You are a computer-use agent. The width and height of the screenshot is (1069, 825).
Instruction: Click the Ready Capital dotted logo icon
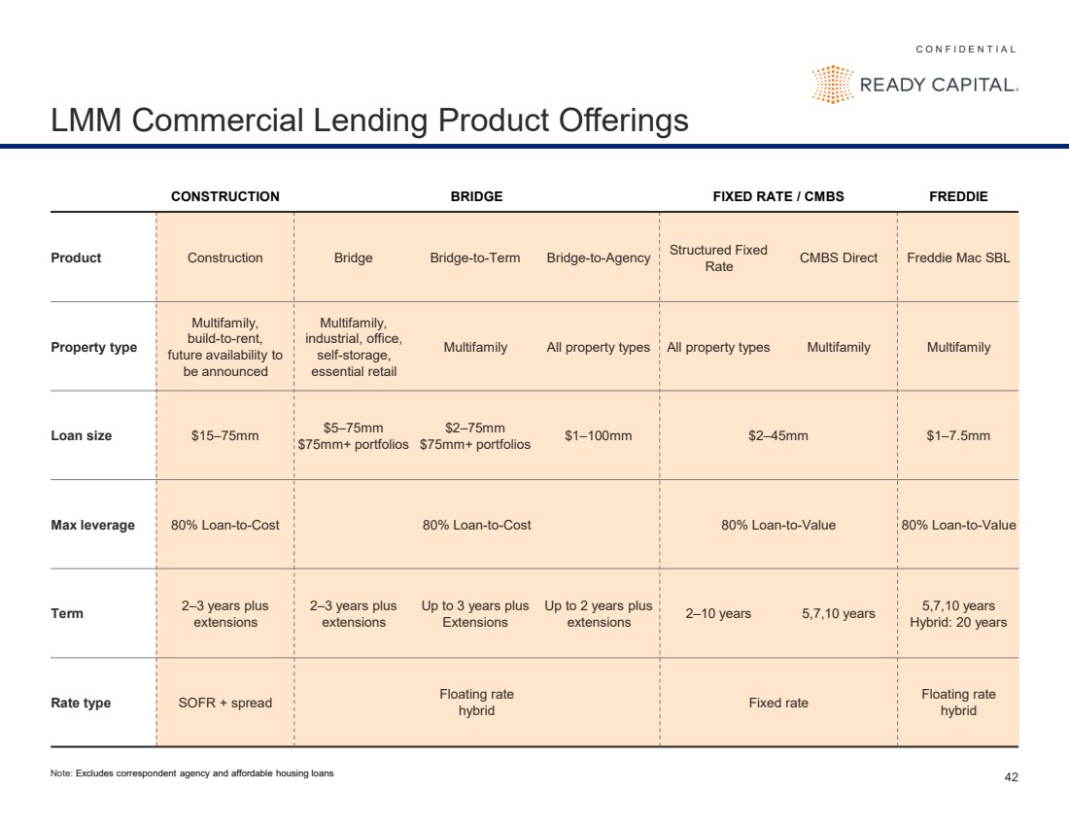(833, 85)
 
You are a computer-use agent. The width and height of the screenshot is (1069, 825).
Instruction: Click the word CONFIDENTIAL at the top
(966, 50)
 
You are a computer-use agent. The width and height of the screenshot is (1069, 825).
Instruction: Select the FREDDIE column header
(958, 196)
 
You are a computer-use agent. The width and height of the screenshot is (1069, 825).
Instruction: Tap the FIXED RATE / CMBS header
(777, 196)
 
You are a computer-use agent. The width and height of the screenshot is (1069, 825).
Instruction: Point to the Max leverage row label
(92, 525)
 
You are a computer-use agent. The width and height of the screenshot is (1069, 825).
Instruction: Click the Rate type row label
(81, 703)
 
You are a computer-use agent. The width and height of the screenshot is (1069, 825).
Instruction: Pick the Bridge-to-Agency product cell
(598, 258)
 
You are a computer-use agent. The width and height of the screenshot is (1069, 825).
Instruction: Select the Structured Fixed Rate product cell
(718, 258)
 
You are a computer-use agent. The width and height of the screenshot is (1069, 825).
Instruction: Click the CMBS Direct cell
(839, 258)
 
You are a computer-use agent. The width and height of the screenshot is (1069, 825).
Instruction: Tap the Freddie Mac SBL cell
(958, 258)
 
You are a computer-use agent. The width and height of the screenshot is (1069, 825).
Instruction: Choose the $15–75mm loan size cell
(225, 435)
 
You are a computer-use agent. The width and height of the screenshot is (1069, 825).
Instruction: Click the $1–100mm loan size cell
(598, 435)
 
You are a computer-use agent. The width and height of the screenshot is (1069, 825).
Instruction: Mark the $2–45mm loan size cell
(777, 435)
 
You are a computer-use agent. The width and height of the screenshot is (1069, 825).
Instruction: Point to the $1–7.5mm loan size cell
(958, 435)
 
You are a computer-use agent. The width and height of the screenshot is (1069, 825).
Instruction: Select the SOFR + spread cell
(225, 703)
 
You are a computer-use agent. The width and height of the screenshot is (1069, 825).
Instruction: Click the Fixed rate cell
(777, 703)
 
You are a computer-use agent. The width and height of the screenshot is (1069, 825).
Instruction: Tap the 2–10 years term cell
(718, 613)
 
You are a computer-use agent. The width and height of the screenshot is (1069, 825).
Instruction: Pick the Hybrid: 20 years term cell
(958, 622)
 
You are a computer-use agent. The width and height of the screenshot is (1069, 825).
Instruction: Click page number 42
(1011, 777)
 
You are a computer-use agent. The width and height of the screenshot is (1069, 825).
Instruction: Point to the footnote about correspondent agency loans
(192, 773)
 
